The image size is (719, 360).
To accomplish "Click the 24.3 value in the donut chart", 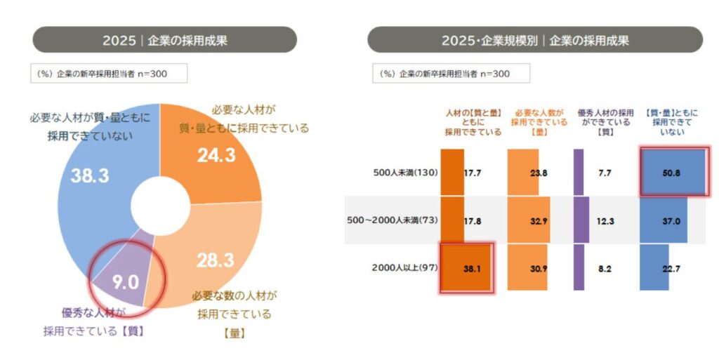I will point(216,156).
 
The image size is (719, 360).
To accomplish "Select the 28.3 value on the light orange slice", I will point(214,260).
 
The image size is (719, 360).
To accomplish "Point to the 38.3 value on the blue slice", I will point(90,175).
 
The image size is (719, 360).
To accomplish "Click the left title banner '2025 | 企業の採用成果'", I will point(165,40).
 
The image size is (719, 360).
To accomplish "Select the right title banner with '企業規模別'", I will point(534,40).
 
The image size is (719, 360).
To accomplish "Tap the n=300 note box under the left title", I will point(108,73).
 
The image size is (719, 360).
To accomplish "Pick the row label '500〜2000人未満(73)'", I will point(393,220).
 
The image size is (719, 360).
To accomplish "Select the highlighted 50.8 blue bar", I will point(672,171).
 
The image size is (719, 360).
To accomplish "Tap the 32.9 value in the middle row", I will point(538,220).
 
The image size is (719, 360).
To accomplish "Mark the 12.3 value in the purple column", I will point(605,220).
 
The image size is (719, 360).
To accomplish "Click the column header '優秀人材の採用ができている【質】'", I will point(605,121).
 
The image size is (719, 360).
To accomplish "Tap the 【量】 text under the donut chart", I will point(234,333).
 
